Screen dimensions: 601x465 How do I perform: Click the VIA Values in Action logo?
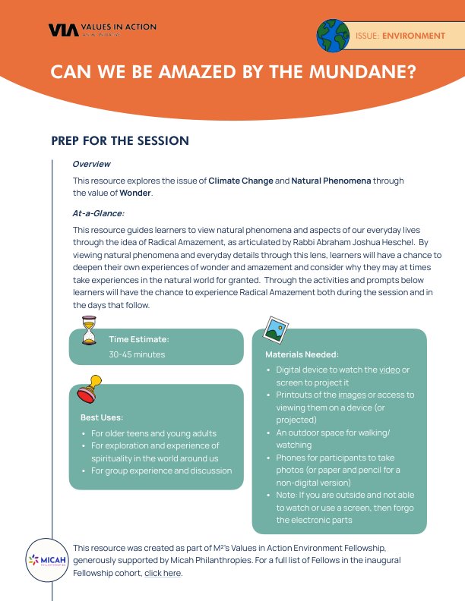[102, 30]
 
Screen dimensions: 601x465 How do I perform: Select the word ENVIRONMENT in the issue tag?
[413, 36]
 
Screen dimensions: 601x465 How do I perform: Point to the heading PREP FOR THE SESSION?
[120, 141]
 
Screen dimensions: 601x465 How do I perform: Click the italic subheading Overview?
[91, 164]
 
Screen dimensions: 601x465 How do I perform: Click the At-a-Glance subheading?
[98, 213]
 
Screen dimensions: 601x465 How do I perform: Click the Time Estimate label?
[139, 339]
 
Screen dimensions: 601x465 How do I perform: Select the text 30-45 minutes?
[137, 354]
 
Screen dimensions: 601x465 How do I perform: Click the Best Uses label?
[102, 417]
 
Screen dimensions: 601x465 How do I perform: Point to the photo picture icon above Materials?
[274, 329]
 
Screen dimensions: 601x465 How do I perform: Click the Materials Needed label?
[302, 354]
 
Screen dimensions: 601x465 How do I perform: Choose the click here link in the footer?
[163, 573]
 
